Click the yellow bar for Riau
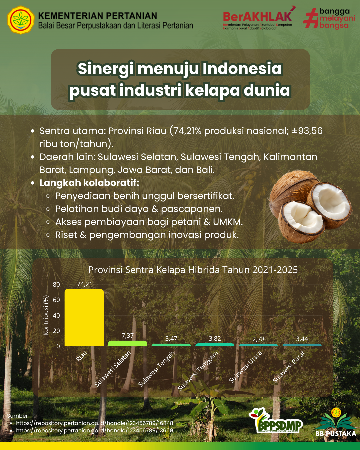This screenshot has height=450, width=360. (x=84, y=317)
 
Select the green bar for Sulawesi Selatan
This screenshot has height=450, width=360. (x=128, y=343)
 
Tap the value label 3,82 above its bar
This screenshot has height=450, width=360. (x=215, y=339)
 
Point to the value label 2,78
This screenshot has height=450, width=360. (x=258, y=339)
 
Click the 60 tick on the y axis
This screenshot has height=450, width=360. (x=56, y=300)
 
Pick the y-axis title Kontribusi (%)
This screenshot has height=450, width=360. (x=46, y=315)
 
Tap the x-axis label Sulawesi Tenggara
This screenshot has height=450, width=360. (x=198, y=371)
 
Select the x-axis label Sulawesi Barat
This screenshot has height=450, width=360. (x=289, y=367)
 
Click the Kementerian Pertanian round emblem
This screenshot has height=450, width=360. (x=20, y=20)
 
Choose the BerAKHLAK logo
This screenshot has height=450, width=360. (x=259, y=18)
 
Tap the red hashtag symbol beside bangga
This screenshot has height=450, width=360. (x=310, y=18)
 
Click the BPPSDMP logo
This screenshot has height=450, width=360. (x=276, y=421)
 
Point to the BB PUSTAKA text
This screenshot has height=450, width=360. (x=336, y=433)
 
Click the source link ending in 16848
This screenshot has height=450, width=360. (x=95, y=423)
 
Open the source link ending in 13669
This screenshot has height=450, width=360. (x=95, y=430)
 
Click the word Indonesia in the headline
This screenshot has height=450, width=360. (x=242, y=69)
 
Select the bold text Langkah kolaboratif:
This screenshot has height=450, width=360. (x=89, y=183)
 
